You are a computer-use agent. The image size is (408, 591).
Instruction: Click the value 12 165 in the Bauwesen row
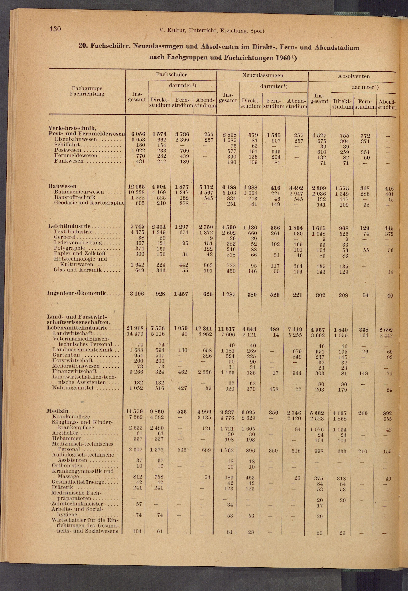tap(136, 187)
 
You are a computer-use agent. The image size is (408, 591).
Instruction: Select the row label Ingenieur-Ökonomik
tap(76, 293)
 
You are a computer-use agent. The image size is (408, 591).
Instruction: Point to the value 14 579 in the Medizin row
tap(134, 411)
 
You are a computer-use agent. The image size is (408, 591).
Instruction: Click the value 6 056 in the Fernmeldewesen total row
tap(138, 134)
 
